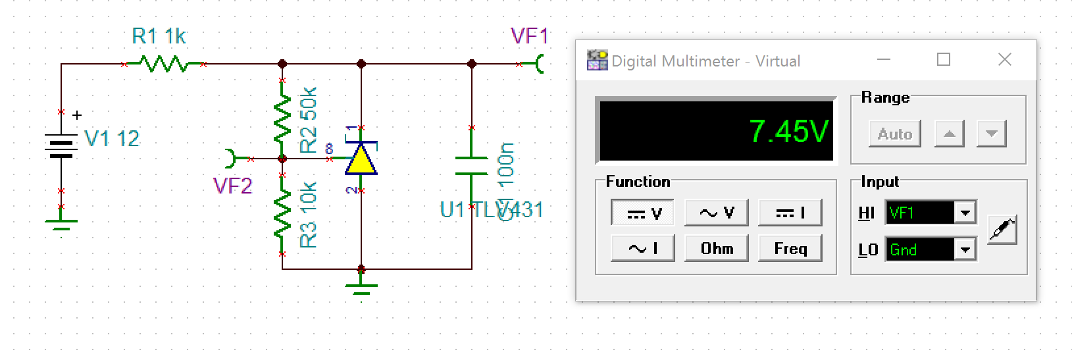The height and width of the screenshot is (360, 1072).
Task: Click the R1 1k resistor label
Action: [159, 36]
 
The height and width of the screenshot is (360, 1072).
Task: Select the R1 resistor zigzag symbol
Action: [163, 64]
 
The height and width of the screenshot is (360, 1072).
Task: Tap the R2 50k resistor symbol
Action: [282, 118]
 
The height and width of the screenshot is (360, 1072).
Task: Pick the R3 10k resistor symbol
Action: [282, 215]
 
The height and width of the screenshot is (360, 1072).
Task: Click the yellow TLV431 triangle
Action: [361, 160]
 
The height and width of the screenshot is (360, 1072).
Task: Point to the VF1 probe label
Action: [528, 36]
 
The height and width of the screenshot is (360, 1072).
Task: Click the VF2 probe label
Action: [232, 186]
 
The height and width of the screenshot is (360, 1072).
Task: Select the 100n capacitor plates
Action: [471, 166]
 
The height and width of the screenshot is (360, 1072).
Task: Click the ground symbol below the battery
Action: [61, 224]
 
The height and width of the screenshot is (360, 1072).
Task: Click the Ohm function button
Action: [717, 249]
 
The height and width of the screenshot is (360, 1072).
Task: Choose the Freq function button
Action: [790, 249]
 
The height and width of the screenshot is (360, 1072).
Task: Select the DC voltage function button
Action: [643, 213]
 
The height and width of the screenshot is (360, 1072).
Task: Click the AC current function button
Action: [643, 249]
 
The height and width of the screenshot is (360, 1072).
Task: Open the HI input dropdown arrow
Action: [965, 213]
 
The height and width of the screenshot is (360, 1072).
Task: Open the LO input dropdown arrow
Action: [965, 250]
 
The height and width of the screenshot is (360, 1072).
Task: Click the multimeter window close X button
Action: [1004, 60]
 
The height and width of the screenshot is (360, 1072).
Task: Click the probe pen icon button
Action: [1002, 230]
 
